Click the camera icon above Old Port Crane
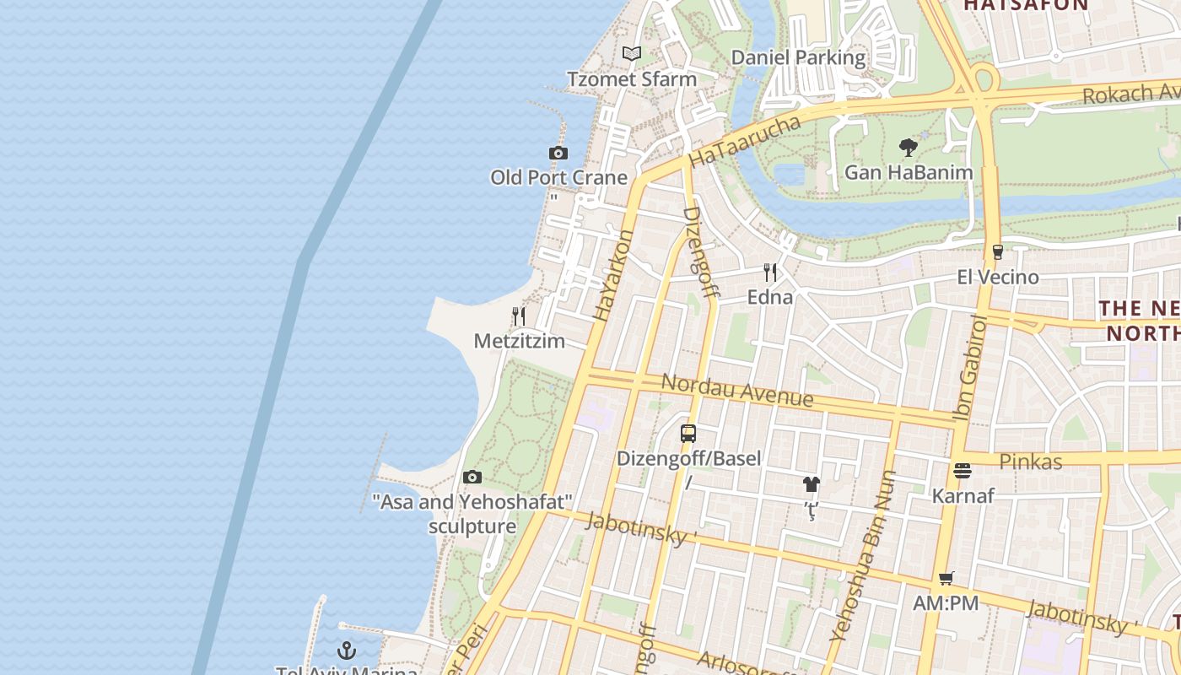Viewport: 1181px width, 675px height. tap(558, 153)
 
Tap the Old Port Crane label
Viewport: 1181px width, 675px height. tap(559, 177)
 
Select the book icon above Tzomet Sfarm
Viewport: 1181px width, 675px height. tap(632, 54)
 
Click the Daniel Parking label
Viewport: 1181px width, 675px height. tap(798, 57)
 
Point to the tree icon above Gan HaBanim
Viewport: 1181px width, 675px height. tap(909, 148)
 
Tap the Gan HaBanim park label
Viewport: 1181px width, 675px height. tap(909, 172)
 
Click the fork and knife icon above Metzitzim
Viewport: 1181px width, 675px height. tap(519, 316)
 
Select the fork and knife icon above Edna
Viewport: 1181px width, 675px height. tap(770, 272)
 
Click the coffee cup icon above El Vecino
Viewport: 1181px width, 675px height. tap(997, 251)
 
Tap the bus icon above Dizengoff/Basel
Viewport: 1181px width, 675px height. tap(688, 434)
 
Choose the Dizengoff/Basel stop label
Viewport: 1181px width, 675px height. tap(688, 458)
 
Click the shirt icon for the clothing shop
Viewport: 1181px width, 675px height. tap(811, 484)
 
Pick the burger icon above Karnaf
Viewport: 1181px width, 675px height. tap(963, 471)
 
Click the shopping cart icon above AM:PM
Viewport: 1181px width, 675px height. tap(946, 579)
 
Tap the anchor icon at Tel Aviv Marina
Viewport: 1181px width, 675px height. tap(346, 651)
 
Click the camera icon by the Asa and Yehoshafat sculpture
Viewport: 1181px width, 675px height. tap(472, 478)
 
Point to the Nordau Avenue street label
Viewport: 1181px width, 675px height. tap(736, 389)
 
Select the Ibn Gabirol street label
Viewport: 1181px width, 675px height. tap(969, 368)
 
